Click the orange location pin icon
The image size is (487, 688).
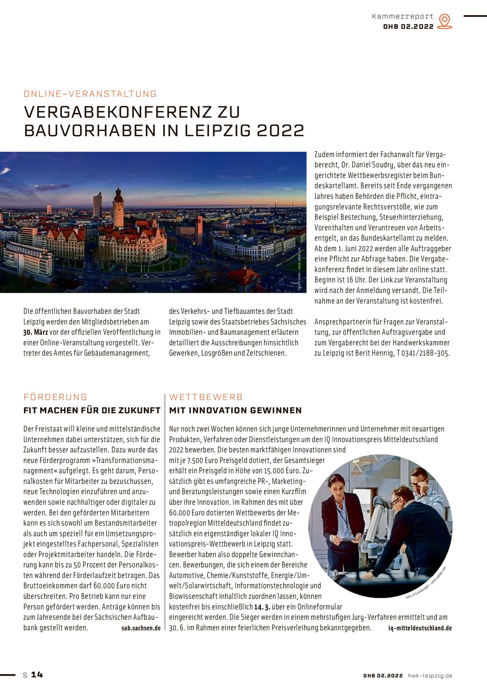click(444, 21)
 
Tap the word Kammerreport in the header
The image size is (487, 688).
click(403, 16)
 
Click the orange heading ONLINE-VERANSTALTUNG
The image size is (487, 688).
click(90, 94)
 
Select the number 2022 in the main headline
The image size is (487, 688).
click(280, 131)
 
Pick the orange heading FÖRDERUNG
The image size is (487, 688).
click(55, 397)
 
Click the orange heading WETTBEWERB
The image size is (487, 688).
click(206, 397)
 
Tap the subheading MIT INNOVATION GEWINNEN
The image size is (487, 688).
click(235, 410)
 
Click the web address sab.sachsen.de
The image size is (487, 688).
click(141, 628)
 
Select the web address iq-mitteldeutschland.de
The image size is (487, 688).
click(420, 628)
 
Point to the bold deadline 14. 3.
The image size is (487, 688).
click(262, 607)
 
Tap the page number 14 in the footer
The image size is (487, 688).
click(37, 675)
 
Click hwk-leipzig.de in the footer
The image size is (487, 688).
click(430, 676)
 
